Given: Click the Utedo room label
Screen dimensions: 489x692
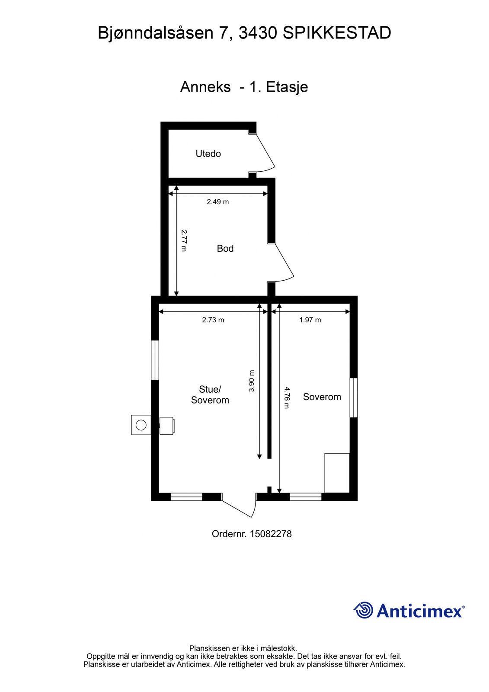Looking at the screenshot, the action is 208,154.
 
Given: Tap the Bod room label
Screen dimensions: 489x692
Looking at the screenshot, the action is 225,248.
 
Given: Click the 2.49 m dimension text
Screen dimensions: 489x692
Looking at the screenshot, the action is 218,202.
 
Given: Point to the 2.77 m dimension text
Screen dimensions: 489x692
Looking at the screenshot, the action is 184,240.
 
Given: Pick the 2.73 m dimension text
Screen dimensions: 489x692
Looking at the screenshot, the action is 213,320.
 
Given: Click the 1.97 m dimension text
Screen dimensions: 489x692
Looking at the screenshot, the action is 310,320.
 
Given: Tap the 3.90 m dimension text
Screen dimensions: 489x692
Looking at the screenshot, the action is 252,381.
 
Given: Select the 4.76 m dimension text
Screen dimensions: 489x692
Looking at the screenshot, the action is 287,398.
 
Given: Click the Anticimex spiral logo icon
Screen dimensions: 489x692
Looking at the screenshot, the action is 363,610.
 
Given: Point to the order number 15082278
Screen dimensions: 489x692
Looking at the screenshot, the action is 271,534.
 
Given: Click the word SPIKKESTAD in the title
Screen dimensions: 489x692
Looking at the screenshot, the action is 337,33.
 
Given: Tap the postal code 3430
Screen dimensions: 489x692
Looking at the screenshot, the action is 258,33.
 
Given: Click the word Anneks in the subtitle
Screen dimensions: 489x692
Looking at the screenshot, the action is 205,87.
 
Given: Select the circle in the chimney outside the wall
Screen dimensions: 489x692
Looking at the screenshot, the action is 141,425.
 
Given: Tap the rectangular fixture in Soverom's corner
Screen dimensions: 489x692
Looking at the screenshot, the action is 337,473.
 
